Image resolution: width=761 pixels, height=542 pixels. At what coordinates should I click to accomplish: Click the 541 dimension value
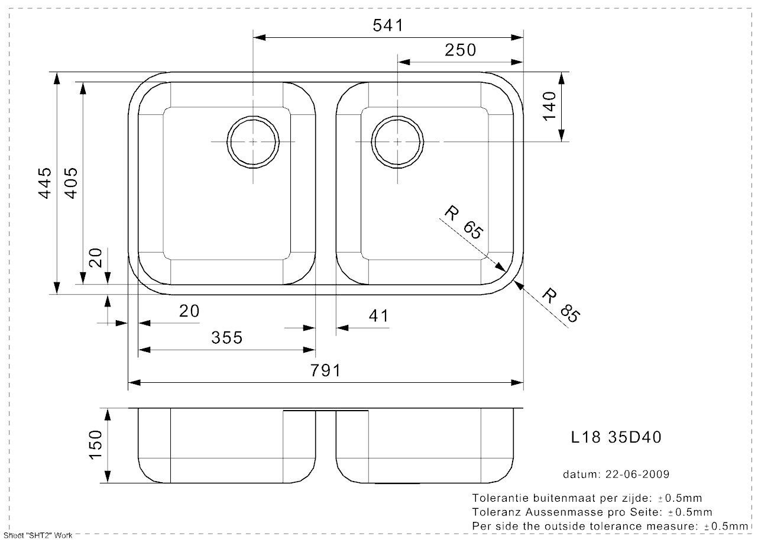tap(388, 25)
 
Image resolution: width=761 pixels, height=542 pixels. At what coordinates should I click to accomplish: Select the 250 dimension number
tap(461, 50)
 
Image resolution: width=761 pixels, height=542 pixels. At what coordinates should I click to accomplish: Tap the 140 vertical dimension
tap(549, 106)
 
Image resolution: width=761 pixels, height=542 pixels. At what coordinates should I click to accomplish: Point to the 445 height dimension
tap(45, 183)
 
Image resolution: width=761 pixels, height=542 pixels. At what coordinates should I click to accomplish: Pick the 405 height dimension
tap(72, 183)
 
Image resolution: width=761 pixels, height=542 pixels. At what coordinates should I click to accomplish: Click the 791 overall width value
tap(325, 370)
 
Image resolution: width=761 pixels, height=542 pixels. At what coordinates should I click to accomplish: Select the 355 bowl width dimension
tap(227, 338)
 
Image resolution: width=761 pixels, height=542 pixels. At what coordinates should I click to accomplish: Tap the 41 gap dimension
tap(378, 316)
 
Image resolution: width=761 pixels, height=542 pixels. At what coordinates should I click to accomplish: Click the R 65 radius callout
tap(464, 222)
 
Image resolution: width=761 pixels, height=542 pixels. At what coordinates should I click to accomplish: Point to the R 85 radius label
tap(561, 305)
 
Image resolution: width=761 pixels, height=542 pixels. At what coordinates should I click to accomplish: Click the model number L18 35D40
tap(616, 437)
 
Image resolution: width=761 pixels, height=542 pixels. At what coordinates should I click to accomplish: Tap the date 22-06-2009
tap(637, 474)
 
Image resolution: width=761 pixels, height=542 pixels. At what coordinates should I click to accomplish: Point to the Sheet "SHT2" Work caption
tap(38, 535)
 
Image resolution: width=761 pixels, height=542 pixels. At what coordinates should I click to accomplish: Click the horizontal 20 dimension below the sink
tap(189, 311)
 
